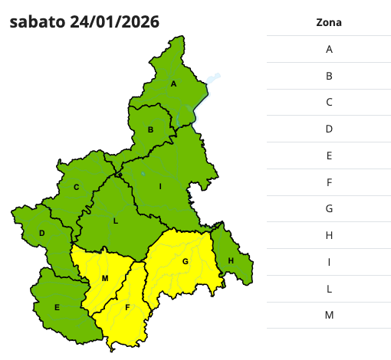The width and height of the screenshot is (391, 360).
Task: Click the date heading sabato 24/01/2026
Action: click(x=85, y=22)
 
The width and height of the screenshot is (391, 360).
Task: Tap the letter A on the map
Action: click(x=174, y=84)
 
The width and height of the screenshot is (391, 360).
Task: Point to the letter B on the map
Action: click(x=151, y=130)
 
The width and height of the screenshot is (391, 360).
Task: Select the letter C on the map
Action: click(x=77, y=187)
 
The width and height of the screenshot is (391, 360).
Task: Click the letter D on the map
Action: click(x=42, y=234)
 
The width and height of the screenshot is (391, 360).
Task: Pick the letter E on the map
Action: click(x=57, y=308)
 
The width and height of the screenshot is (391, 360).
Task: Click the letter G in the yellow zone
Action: click(x=185, y=262)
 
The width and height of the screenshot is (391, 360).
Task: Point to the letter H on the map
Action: click(x=230, y=262)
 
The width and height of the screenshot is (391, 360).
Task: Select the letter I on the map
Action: click(x=160, y=187)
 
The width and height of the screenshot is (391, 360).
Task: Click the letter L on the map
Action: click(x=116, y=221)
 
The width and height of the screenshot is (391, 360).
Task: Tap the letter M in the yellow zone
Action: click(x=105, y=277)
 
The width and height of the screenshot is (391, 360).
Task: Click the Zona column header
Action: click(x=328, y=22)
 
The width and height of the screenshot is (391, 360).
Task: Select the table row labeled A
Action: click(x=328, y=49)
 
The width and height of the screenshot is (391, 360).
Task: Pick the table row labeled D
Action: click(x=328, y=129)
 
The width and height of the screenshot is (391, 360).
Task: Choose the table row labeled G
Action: click(x=328, y=208)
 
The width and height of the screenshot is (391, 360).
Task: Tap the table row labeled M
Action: click(x=328, y=315)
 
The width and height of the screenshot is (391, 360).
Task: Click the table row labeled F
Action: click(x=328, y=182)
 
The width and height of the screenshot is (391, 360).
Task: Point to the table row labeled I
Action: click(x=328, y=262)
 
